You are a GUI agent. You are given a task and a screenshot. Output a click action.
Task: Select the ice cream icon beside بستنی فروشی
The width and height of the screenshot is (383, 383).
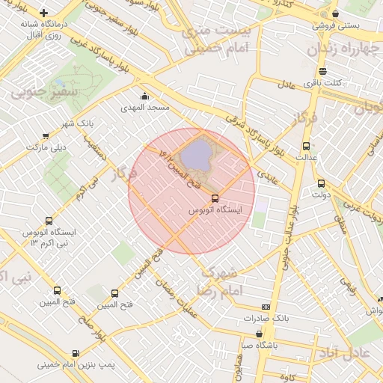[x=335, y=13]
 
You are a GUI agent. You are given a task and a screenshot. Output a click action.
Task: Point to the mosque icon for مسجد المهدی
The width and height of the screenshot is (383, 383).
[x=144, y=96]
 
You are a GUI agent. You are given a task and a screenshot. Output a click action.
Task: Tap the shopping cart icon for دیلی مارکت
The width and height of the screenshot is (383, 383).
[x=46, y=136]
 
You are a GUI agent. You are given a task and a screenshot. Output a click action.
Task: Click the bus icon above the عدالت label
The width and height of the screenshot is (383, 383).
[x=305, y=147]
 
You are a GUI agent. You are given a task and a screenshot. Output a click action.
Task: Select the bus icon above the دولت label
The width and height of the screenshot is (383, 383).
[x=321, y=183]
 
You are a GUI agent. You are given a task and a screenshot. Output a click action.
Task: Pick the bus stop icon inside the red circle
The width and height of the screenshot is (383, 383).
[x=215, y=198]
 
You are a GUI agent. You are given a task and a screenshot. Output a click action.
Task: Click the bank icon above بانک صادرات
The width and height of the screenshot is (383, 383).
[x=266, y=307]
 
